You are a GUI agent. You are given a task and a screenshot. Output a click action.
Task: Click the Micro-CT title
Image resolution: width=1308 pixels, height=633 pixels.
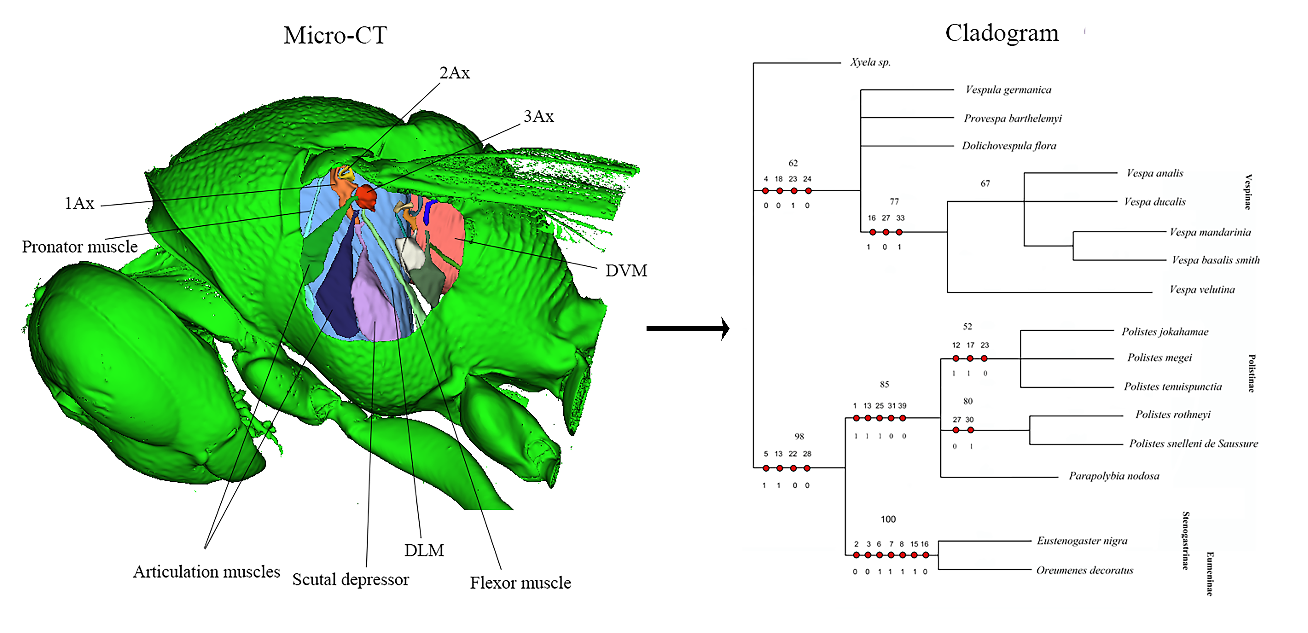coord(335,36)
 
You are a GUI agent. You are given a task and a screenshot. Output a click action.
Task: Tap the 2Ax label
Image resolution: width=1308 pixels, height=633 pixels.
coord(454,73)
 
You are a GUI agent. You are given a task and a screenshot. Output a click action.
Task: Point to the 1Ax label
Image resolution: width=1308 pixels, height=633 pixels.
coord(79,203)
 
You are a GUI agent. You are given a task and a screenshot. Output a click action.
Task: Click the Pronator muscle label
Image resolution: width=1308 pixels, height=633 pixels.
coord(80,247)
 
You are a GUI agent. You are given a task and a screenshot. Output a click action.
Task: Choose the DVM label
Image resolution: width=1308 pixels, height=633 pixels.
coord(626,271)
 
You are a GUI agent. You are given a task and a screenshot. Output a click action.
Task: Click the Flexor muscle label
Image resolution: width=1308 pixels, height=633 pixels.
coord(520,583)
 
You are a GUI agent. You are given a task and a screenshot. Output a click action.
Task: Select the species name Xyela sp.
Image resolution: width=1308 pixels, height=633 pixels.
coord(870,62)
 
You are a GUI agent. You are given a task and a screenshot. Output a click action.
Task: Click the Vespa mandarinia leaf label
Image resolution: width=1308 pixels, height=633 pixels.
coord(1210,233)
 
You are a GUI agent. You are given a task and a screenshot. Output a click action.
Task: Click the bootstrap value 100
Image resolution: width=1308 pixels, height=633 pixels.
coord(888,519)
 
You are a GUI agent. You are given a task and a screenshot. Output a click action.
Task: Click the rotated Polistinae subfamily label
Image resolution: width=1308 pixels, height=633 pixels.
coord(1251,373)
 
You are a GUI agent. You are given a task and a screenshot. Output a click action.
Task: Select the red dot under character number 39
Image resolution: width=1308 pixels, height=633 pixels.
coord(902,418)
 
